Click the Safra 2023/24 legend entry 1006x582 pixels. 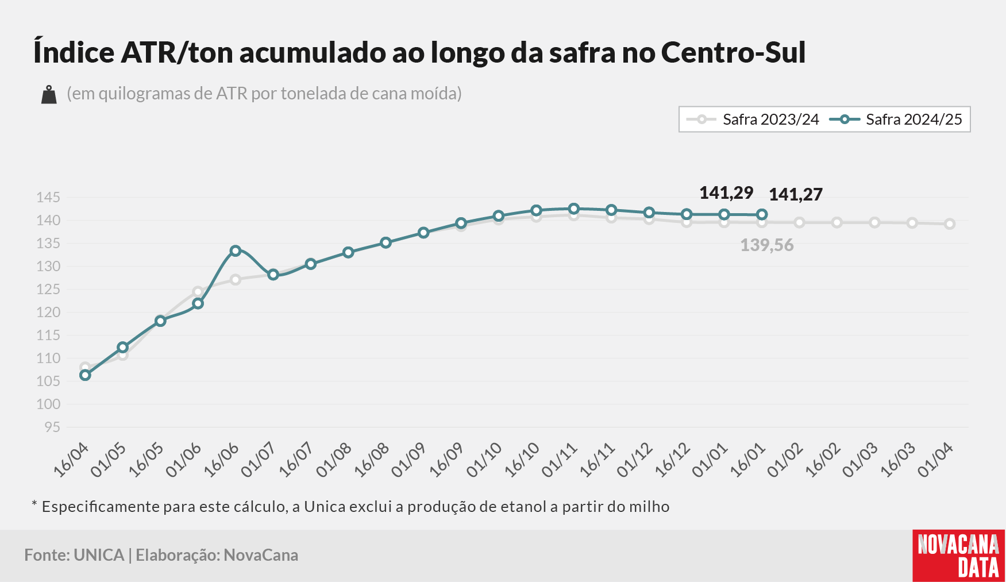click(x=753, y=120)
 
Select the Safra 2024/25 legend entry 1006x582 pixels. click(x=896, y=120)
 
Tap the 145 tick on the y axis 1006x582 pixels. click(x=48, y=198)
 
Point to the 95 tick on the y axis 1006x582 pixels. click(x=52, y=427)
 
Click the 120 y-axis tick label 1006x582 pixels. click(x=48, y=313)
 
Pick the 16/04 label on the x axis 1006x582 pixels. click(x=71, y=460)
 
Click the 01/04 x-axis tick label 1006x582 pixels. click(x=935, y=460)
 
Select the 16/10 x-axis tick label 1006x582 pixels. click(x=522, y=460)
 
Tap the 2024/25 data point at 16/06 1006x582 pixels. click(x=235, y=250)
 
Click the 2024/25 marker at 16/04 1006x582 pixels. click(x=85, y=375)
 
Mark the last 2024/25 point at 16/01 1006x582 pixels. click(x=762, y=214)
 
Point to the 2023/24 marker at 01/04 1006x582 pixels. click(x=950, y=224)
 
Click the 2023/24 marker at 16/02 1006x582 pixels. click(x=837, y=222)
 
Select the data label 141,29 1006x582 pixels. click(x=726, y=193)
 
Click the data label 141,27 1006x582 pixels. click(x=796, y=195)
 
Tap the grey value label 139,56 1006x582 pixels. click(x=767, y=245)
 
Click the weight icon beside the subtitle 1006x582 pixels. click(x=49, y=95)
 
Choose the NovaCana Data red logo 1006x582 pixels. click(x=959, y=556)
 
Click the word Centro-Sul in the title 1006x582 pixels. click(x=734, y=52)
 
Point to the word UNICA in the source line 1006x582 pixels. click(x=99, y=555)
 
